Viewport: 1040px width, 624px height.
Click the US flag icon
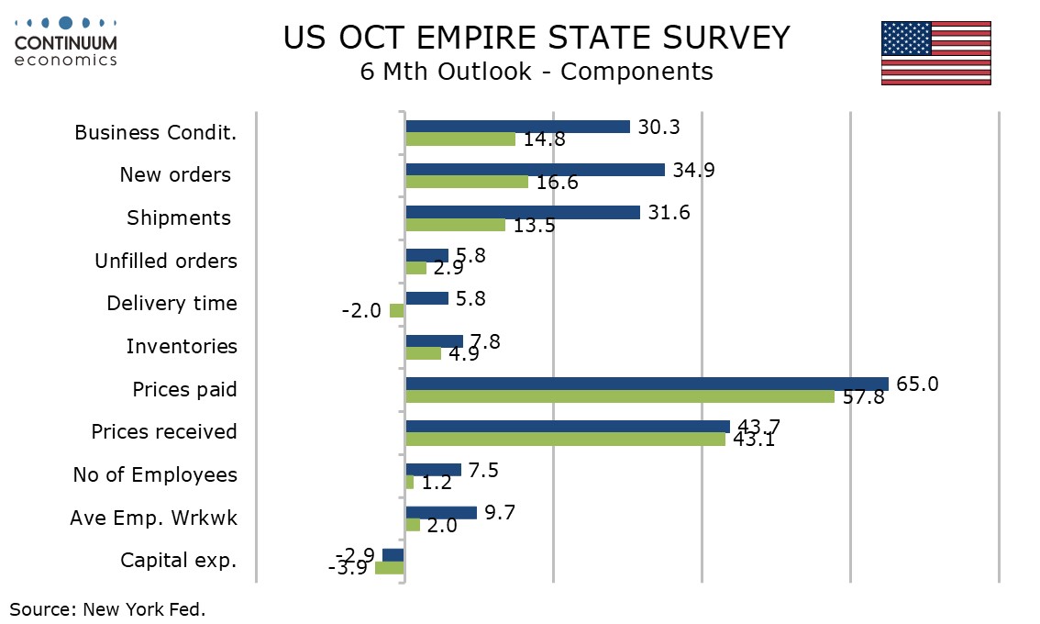pyautogui.click(x=935, y=53)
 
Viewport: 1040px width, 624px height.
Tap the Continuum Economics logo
pyautogui.click(x=66, y=41)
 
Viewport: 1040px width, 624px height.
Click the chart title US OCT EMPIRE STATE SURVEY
pyautogui.click(x=537, y=38)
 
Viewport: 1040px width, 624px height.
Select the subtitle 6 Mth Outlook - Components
pyautogui.click(x=537, y=72)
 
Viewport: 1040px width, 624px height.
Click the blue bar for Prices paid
pyautogui.click(x=647, y=384)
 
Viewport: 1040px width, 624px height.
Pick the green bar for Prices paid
pyautogui.click(x=620, y=396)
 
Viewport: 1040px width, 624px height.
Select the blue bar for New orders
pyautogui.click(x=535, y=170)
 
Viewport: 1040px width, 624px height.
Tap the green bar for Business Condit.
pyautogui.click(x=460, y=139)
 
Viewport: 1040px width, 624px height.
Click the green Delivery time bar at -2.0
pyautogui.click(x=397, y=311)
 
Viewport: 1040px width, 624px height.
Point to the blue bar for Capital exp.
pyautogui.click(x=393, y=554)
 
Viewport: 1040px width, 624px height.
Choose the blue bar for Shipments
pyautogui.click(x=523, y=212)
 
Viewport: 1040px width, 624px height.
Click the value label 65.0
pyautogui.click(x=916, y=384)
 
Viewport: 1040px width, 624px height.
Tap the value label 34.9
pyautogui.click(x=693, y=170)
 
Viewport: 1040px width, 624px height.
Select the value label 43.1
pyautogui.click(x=754, y=440)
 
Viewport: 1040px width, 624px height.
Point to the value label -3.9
pyautogui.click(x=348, y=568)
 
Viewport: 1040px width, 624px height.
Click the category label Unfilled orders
pyautogui.click(x=166, y=261)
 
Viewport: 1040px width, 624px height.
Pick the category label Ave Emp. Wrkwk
pyautogui.click(x=153, y=518)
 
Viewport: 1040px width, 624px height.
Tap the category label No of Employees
pyautogui.click(x=155, y=474)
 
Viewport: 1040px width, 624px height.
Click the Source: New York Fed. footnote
pyautogui.click(x=107, y=608)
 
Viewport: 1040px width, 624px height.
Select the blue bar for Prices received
pyautogui.click(x=568, y=426)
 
